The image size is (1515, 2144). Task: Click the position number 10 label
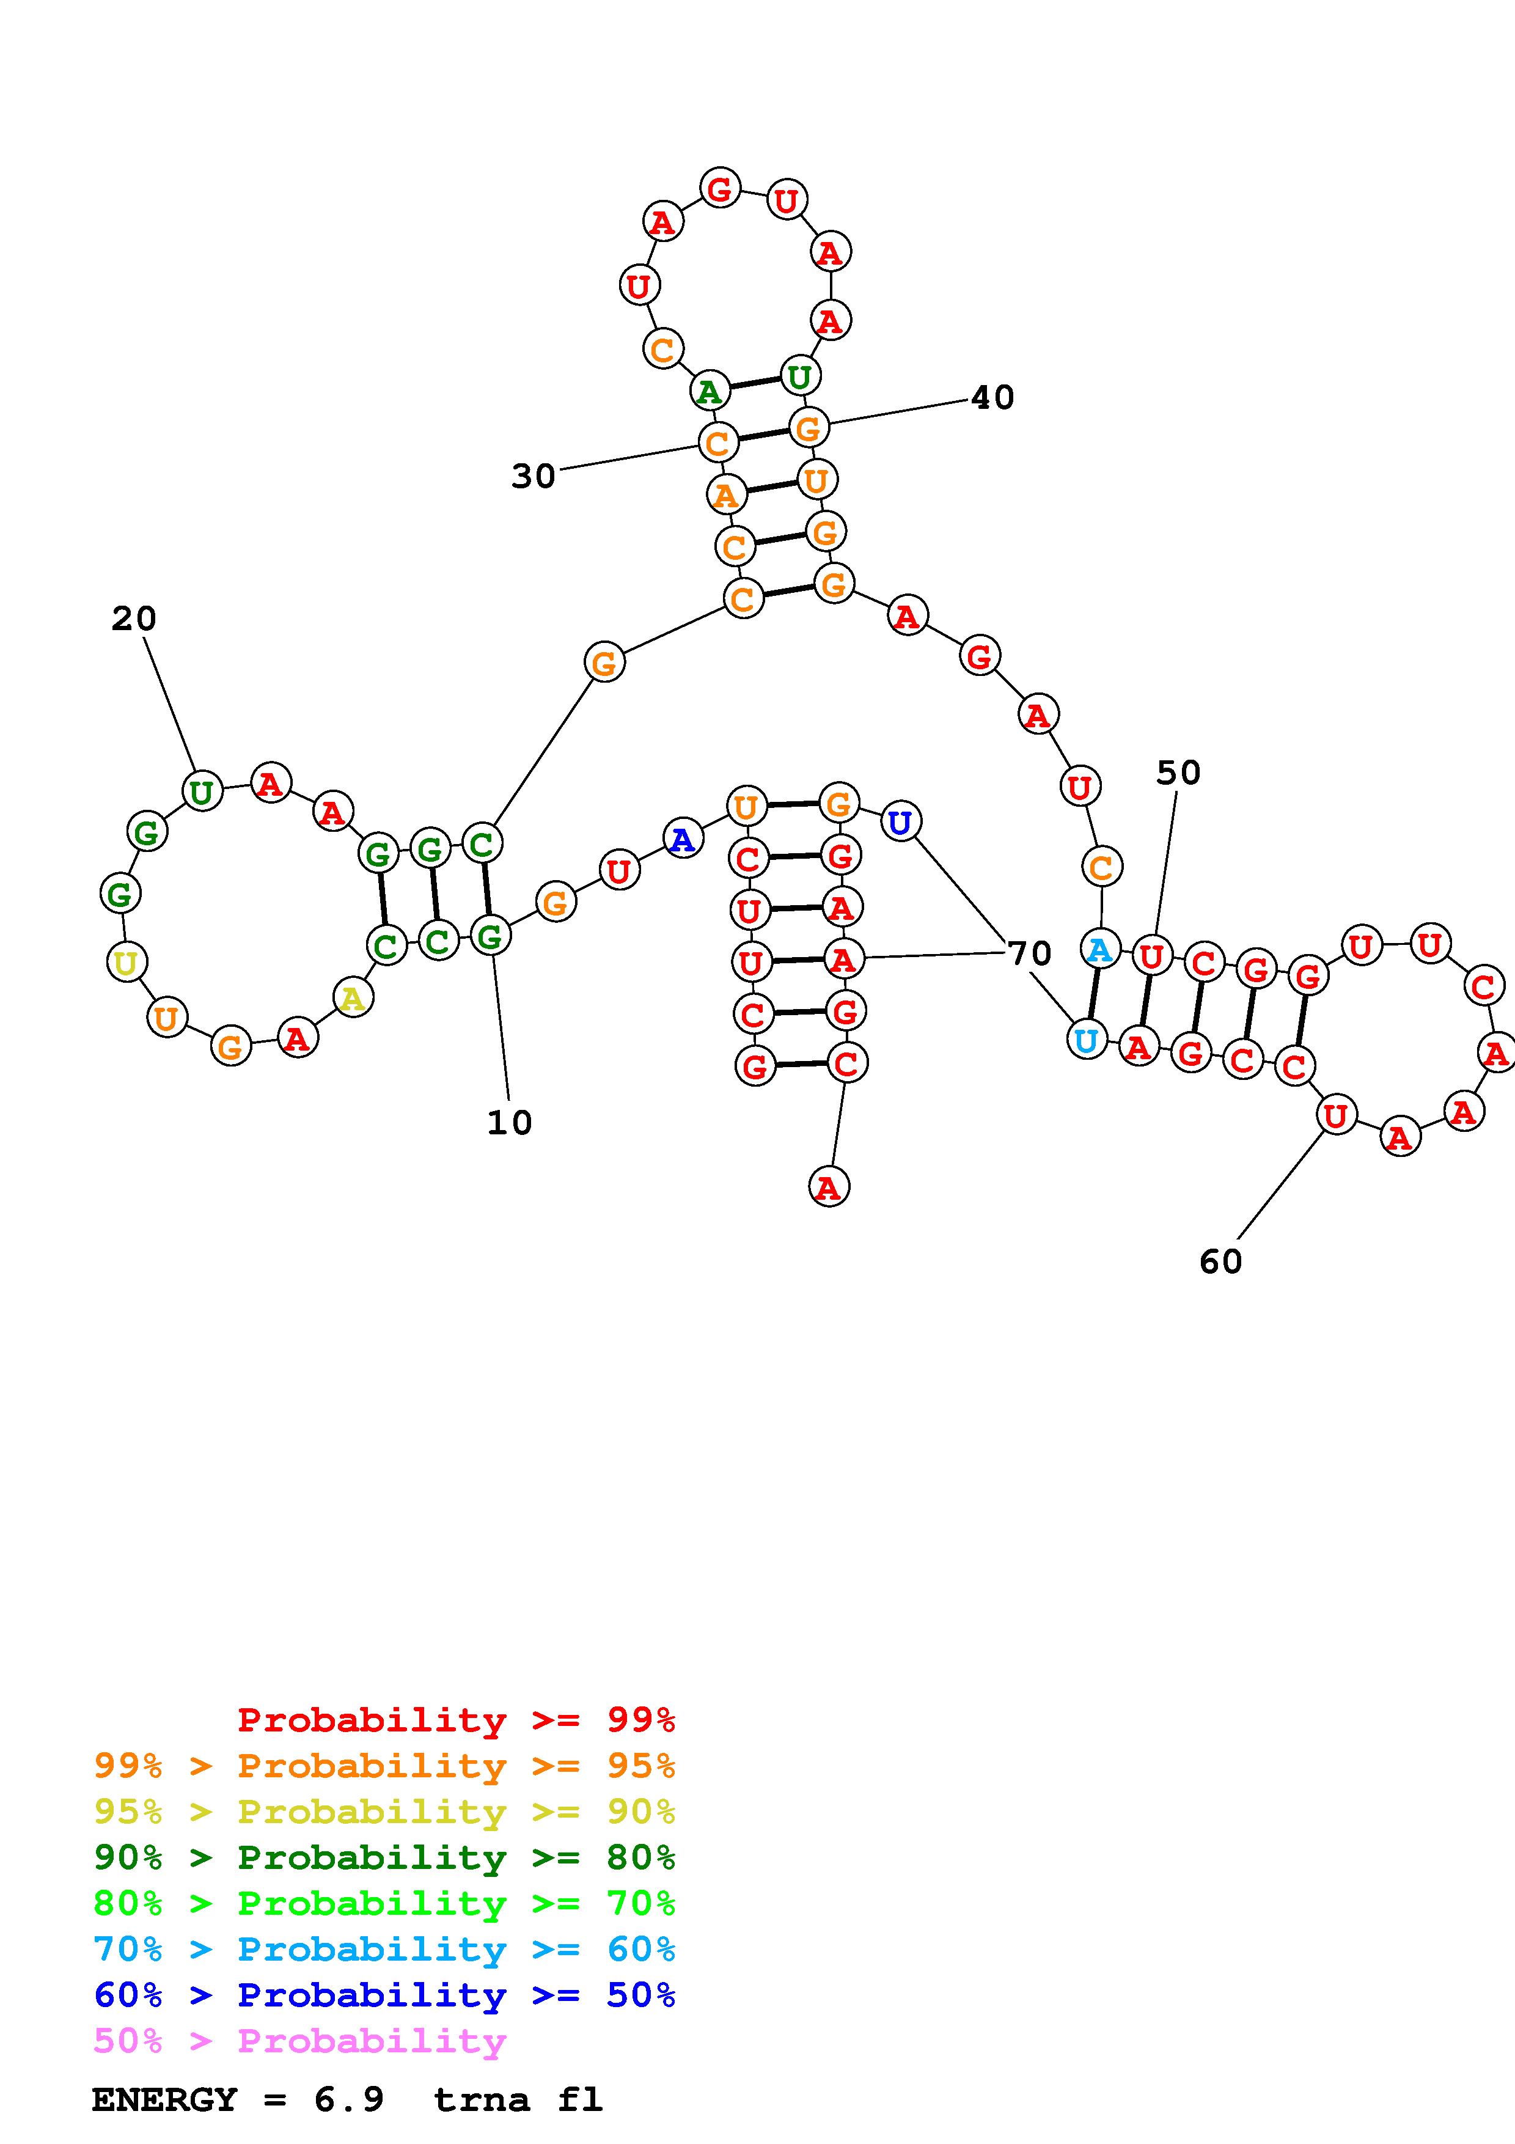pyautogui.click(x=510, y=1123)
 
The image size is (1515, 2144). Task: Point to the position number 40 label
pyautogui.click(x=992, y=398)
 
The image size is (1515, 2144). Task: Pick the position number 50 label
pyautogui.click(x=1178, y=773)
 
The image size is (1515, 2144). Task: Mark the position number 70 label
pyautogui.click(x=1030, y=953)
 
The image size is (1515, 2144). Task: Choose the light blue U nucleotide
pyautogui.click(x=1085, y=1040)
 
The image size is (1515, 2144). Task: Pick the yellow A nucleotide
pyautogui.click(x=353, y=998)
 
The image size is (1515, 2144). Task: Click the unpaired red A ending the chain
pyautogui.click(x=829, y=1187)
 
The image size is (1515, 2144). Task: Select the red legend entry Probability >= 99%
pyautogui.click(x=455, y=1719)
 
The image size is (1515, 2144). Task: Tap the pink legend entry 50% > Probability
pyautogui.click(x=299, y=2040)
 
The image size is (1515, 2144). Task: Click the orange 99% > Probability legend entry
pyautogui.click(x=384, y=1766)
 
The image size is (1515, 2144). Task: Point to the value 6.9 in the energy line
pyautogui.click(x=349, y=2099)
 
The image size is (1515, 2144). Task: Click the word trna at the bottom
pyautogui.click(x=482, y=2099)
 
